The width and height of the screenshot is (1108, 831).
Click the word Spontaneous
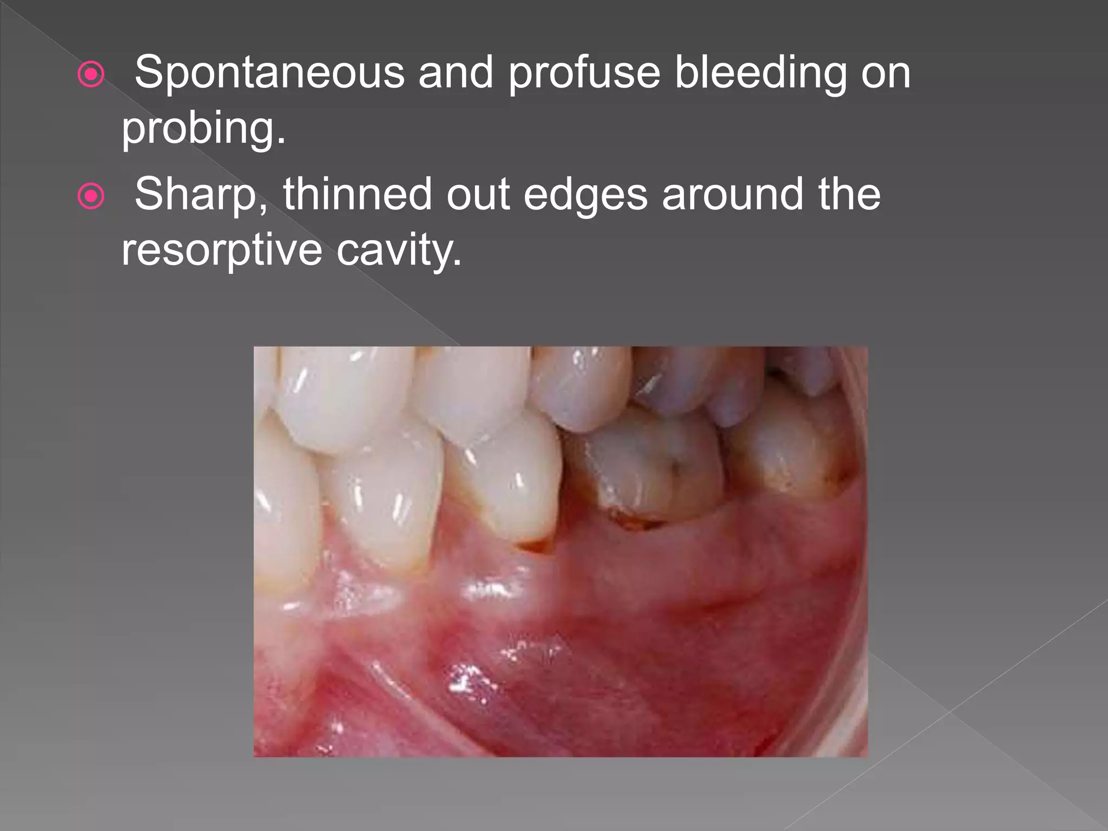(x=269, y=72)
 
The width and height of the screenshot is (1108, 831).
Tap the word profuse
(x=584, y=74)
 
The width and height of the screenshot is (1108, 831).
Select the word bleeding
(x=760, y=74)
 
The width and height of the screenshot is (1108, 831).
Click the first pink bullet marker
(x=91, y=75)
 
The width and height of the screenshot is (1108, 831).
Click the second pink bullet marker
(x=91, y=196)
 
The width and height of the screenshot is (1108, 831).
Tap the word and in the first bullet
(x=456, y=72)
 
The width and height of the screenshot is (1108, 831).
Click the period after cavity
(x=458, y=263)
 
